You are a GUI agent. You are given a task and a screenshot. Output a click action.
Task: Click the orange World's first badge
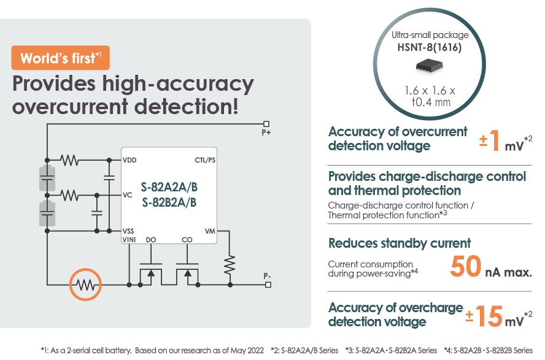coord(60,58)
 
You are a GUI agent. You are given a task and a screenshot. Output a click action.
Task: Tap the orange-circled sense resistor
coord(85,285)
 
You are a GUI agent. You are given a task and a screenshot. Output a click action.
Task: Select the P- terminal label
coord(267,276)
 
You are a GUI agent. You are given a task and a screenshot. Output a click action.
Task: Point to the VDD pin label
coord(129,160)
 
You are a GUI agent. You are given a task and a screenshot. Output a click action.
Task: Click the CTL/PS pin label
coord(204,160)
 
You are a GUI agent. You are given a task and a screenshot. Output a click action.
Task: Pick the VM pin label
coord(210,231)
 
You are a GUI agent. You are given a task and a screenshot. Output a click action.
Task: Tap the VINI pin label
coord(129,239)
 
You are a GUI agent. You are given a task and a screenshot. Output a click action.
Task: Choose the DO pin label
coord(152,239)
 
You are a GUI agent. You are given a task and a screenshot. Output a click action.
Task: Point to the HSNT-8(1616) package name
coord(430,47)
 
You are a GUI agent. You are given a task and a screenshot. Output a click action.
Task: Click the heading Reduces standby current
coord(400,243)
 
